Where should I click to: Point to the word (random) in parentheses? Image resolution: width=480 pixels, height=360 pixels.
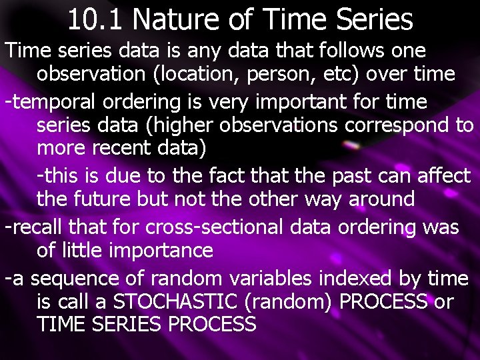[x=291, y=302]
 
